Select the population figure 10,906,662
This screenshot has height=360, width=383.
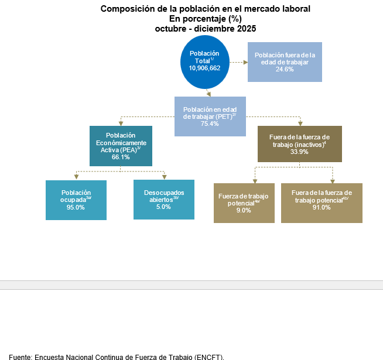(204, 68)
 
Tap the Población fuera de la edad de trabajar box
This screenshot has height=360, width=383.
(285, 62)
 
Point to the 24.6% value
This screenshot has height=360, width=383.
(285, 69)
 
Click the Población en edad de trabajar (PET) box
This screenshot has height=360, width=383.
(210, 116)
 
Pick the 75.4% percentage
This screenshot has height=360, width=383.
(210, 124)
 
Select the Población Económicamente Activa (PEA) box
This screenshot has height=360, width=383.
(121, 146)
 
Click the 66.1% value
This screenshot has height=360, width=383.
(121, 157)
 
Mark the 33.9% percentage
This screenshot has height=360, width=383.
(300, 152)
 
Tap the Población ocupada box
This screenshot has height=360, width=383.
(76, 200)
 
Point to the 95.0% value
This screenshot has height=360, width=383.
(76, 207)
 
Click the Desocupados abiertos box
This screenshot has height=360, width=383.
(163, 199)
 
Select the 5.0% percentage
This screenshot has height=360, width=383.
(163, 207)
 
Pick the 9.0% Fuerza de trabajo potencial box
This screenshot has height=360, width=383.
(243, 203)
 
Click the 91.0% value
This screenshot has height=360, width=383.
(322, 207)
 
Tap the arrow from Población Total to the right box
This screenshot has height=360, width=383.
(237, 61)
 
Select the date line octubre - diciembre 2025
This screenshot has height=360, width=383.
(206, 28)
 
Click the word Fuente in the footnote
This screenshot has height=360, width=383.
(19, 356)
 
